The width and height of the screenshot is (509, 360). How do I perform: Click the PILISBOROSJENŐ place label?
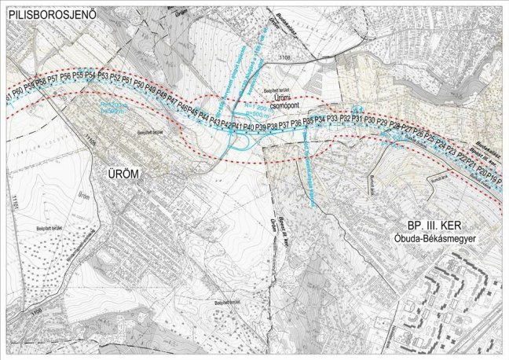point(49,14)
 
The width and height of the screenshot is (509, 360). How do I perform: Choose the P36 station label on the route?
point(296,123)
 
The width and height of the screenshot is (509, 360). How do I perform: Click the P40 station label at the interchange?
point(248,126)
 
